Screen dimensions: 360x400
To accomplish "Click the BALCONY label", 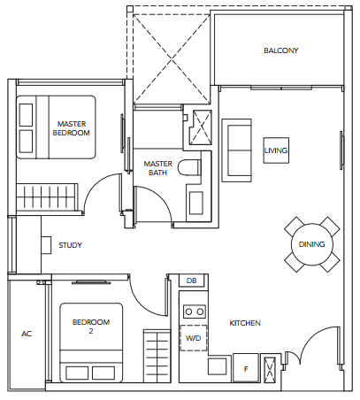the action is click(280, 50).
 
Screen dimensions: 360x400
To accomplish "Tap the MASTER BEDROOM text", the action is click(72, 128).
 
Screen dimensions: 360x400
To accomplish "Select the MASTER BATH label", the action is click(158, 168).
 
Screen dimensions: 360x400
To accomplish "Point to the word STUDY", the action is click(70, 245).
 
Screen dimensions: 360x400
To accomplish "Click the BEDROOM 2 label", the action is click(91, 327).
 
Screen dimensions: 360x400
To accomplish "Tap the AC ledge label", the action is click(27, 334).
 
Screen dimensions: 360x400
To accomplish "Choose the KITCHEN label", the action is click(245, 323).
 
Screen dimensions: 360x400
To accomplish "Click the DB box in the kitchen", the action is click(191, 281).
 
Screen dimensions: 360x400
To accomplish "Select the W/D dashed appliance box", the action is click(194, 338).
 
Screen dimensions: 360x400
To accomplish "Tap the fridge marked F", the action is click(246, 368).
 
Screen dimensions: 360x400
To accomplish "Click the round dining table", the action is click(312, 244).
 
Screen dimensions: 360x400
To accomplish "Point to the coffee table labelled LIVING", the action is click(276, 150).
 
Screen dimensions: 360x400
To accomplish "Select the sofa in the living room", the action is click(236, 150).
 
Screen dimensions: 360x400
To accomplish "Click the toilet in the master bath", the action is click(189, 168).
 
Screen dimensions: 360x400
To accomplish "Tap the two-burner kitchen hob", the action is click(195, 312).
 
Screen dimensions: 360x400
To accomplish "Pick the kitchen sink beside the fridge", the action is click(218, 366).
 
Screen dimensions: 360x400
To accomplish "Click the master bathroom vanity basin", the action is click(195, 203).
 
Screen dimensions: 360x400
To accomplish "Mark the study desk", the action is click(46, 244).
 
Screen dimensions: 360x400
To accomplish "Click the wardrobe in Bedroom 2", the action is click(157, 356).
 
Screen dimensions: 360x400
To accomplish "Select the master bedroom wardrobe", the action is click(47, 196).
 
